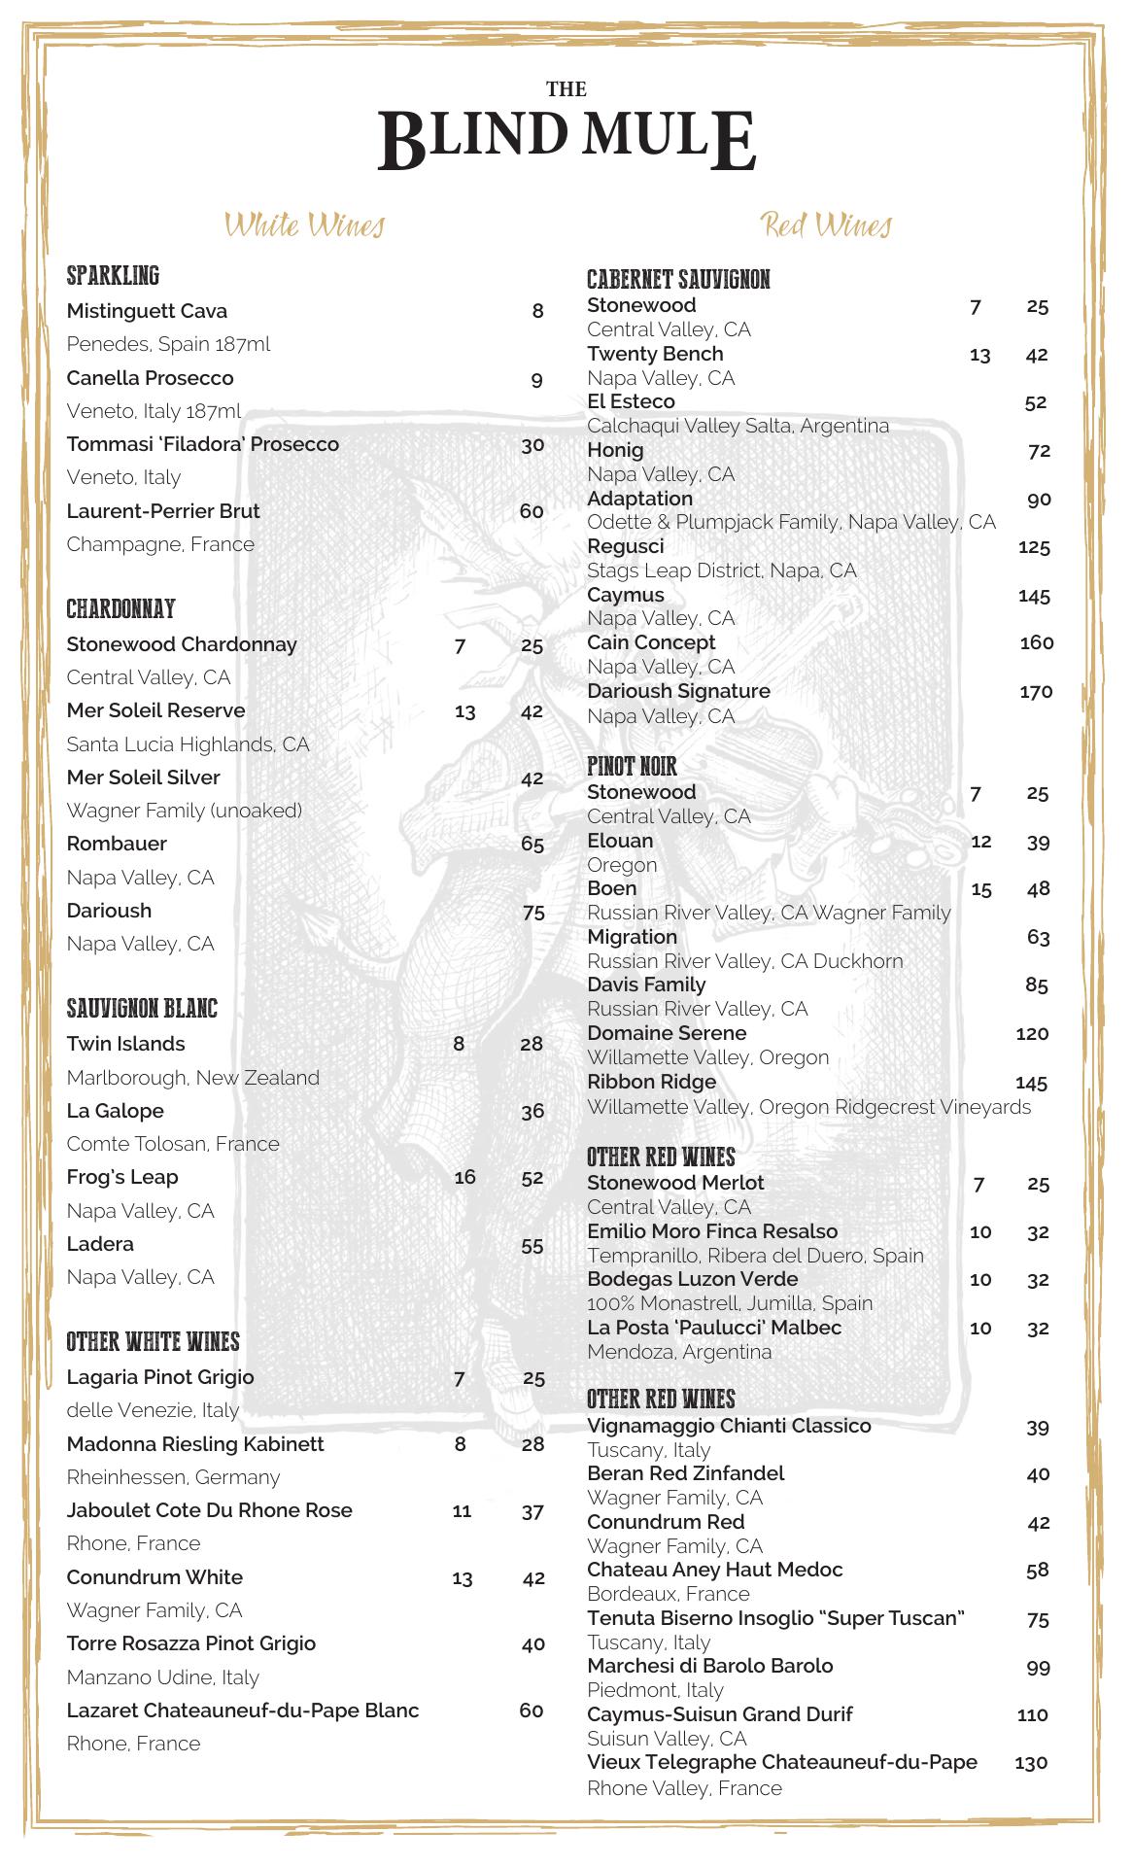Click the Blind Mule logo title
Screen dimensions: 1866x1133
[566, 136]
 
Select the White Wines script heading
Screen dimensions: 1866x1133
[305, 225]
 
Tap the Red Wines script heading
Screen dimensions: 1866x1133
[826, 225]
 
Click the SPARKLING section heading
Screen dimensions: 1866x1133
[113, 276]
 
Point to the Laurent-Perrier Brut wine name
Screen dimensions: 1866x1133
[163, 511]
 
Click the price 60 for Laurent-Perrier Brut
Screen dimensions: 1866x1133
[532, 511]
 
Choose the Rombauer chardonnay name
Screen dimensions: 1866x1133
[117, 844]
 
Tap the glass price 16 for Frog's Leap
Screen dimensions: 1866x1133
[464, 1177]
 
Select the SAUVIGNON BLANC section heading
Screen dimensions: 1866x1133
[142, 1009]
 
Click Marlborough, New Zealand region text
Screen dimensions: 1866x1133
[192, 1078]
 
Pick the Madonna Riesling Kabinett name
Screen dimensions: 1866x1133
[195, 1444]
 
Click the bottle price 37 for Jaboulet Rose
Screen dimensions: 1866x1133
[532, 1511]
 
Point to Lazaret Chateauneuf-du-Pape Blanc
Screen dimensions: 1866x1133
[243, 1710]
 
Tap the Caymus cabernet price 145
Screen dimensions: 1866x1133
[1034, 596]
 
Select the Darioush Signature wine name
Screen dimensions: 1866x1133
[678, 691]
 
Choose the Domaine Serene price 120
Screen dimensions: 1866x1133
[1032, 1034]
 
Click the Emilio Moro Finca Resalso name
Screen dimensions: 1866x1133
[712, 1231]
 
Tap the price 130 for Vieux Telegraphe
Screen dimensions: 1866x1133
[1031, 1763]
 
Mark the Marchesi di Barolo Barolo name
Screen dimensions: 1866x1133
[710, 1666]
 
